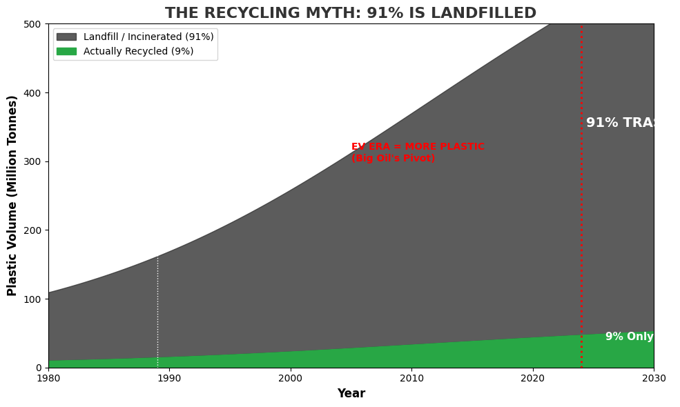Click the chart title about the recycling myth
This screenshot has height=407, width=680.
351,13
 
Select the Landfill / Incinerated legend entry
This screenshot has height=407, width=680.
148,37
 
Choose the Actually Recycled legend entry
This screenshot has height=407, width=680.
138,51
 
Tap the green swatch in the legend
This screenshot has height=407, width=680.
66,51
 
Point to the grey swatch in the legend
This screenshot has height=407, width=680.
66,37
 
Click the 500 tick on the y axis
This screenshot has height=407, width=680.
32,24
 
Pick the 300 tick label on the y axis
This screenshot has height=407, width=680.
32,161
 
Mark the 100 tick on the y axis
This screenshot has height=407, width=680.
32,299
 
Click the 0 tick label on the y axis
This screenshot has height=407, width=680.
39,368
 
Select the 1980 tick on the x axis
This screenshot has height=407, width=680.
48,378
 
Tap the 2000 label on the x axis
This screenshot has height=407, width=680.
291,378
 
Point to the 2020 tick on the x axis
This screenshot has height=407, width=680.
533,378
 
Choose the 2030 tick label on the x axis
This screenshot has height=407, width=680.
653,378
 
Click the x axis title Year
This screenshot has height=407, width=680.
351,394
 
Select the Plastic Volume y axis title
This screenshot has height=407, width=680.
12,196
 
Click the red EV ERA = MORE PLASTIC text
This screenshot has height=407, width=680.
418,147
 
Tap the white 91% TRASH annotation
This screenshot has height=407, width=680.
620,123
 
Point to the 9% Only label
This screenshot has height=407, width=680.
629,337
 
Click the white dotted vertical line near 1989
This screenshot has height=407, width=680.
157,310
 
